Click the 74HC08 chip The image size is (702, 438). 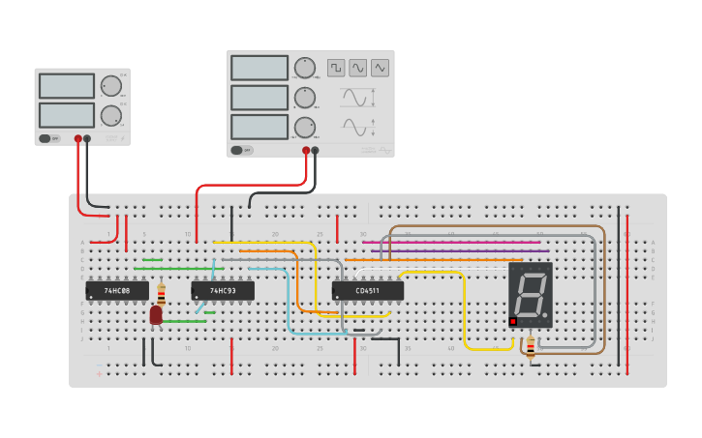pyautogui.click(x=117, y=290)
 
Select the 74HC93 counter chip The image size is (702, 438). pyautogui.click(x=223, y=290)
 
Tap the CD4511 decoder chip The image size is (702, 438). pyautogui.click(x=367, y=290)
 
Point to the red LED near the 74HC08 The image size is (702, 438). pyautogui.click(x=156, y=315)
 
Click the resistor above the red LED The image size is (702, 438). pyautogui.click(x=161, y=294)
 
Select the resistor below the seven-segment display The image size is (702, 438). pyautogui.click(x=530, y=346)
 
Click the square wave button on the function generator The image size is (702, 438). pyautogui.click(x=336, y=68)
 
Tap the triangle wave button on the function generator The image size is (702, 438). pyautogui.click(x=380, y=68)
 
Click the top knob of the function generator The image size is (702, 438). pyautogui.click(x=305, y=68)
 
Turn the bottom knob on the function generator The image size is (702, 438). pyautogui.click(x=305, y=128)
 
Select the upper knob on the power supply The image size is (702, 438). pyautogui.click(x=111, y=86)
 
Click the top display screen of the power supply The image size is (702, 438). pyautogui.click(x=67, y=86)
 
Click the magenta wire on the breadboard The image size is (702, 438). pyautogui.click(x=450, y=243)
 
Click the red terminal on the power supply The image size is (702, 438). pyautogui.click(x=78, y=139)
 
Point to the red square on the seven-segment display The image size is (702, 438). pyautogui.click(x=513, y=321)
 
